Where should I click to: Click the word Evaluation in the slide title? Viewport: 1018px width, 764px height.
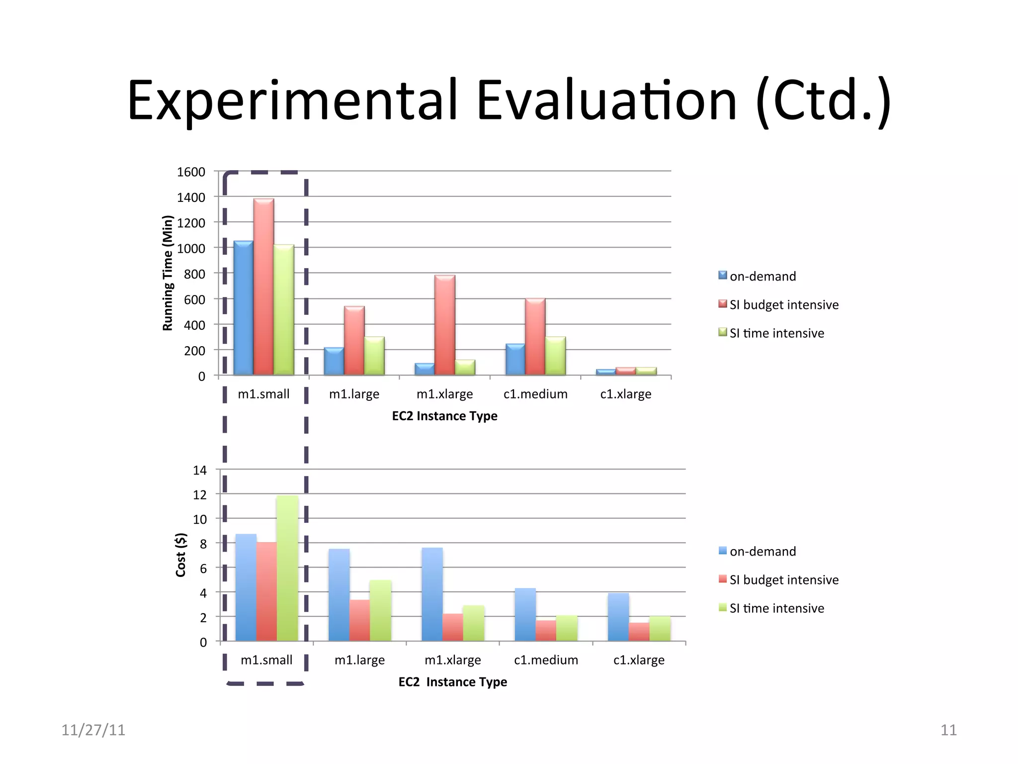pos(606,101)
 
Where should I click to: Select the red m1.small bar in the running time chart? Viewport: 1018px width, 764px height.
pos(263,288)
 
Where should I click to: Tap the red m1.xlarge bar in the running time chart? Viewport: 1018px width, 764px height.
pos(444,326)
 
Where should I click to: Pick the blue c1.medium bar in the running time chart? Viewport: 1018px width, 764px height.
pos(515,360)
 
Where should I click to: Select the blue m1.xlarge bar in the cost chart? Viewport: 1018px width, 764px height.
pos(432,594)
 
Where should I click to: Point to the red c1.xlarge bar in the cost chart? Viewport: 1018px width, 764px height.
pos(639,632)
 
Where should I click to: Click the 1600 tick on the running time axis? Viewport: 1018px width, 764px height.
pos(191,172)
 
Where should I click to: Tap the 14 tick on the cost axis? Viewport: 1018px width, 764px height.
pos(199,470)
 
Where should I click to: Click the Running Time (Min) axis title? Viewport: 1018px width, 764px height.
pos(168,273)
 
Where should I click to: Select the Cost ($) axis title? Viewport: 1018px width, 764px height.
pos(180,555)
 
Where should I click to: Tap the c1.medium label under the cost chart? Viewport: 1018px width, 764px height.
pos(546,660)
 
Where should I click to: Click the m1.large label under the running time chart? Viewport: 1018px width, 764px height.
pos(354,394)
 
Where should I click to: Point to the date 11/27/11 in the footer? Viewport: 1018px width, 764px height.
pos(93,730)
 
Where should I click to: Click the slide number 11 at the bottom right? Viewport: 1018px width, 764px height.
pos(948,730)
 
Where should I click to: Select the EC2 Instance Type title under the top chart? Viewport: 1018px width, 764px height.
pos(444,416)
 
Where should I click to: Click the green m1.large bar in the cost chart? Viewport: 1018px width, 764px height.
pos(380,610)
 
